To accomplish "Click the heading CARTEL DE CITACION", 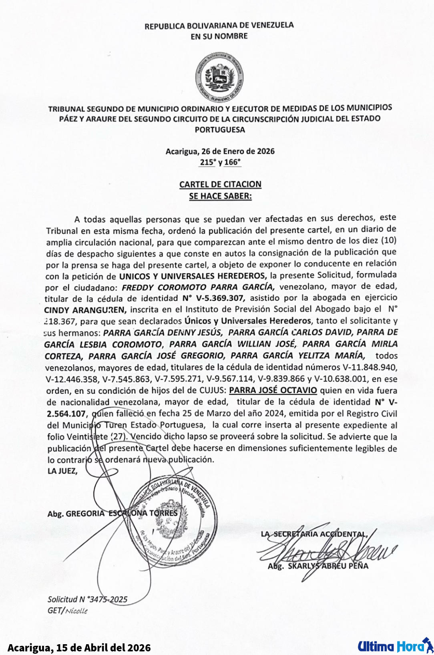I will point(220,185).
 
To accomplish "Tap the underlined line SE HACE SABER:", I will point(220,196).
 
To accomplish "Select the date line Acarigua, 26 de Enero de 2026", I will point(220,151).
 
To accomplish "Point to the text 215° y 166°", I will point(220,162).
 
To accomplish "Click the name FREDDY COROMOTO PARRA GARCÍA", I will point(198,287).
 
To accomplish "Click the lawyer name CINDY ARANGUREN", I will point(85,310).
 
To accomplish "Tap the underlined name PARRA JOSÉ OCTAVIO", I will point(273,390).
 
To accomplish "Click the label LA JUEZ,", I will point(62,471).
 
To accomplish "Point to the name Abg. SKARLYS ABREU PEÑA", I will point(318,566).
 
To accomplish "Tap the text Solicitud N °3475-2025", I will point(87,599).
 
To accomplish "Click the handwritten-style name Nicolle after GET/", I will point(76,611).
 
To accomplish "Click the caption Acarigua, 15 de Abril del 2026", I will point(79,647).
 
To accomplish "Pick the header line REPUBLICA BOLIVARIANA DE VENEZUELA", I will point(219,26).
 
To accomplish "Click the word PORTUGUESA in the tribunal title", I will point(220,130).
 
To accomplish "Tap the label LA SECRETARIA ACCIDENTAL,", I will point(314,534).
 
